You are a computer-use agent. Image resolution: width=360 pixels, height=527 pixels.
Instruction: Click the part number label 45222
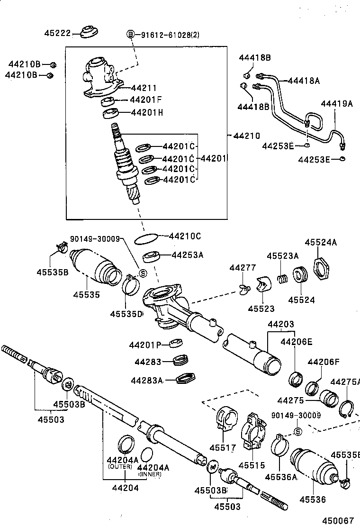[57, 33]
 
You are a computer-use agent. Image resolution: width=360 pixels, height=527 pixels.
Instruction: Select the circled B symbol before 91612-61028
[131, 34]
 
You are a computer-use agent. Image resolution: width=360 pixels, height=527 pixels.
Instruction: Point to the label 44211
[144, 88]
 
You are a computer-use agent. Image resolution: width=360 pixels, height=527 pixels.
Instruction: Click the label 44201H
[146, 112]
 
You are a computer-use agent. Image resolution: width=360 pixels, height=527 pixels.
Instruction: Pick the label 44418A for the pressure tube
[303, 81]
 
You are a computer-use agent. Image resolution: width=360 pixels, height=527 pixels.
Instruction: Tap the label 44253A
[187, 255]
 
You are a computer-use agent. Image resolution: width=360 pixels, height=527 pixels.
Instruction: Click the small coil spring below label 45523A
[283, 278]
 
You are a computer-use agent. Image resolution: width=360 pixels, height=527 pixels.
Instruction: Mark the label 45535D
[126, 314]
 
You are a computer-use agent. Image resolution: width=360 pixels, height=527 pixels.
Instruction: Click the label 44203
[281, 324]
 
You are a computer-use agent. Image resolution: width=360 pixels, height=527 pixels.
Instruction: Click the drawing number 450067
[338, 520]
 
